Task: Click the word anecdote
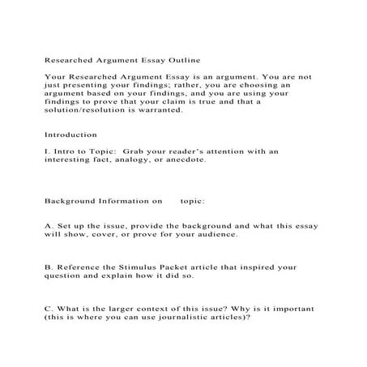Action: (x=185, y=160)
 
